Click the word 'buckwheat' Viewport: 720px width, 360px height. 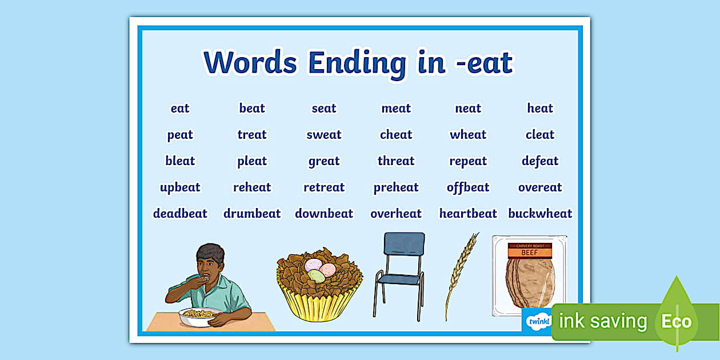click(x=540, y=214)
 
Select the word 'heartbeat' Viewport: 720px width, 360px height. click(x=468, y=214)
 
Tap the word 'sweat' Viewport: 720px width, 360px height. click(x=324, y=135)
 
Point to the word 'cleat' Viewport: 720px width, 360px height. click(x=540, y=135)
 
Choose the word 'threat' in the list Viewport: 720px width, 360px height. click(x=396, y=161)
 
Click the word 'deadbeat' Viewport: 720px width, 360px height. click(x=180, y=214)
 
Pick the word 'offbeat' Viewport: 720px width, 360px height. click(x=468, y=187)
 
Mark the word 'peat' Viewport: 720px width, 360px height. click(x=180, y=135)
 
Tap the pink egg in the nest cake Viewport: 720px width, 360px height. click(x=328, y=269)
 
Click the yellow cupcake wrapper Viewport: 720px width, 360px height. click(x=319, y=303)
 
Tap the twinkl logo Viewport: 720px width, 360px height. click(x=538, y=321)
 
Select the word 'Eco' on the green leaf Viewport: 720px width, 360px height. click(x=676, y=321)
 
